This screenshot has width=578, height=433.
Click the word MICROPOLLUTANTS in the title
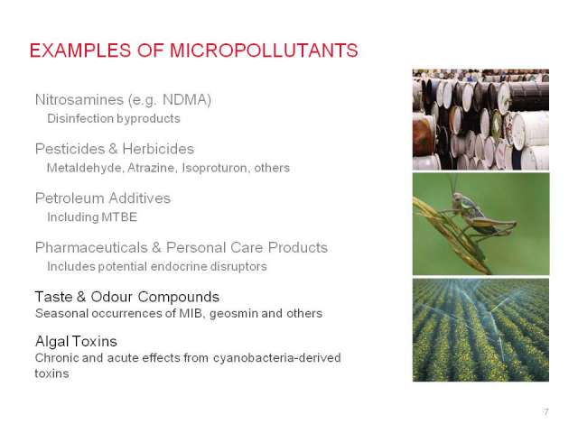tap(264, 51)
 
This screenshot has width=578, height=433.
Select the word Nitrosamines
tap(79, 100)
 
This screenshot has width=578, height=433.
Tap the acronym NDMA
tap(187, 100)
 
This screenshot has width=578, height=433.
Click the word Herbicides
tap(158, 149)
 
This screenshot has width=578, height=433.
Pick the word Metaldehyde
tap(85, 168)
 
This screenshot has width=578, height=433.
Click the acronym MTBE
tap(118, 217)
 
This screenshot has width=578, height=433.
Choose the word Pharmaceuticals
tap(91, 247)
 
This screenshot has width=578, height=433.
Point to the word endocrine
tap(179, 266)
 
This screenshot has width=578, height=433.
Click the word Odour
tap(111, 297)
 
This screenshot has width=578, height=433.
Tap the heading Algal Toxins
tap(76, 341)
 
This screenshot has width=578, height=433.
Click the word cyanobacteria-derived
tap(277, 357)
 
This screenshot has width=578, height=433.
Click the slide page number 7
tap(545, 411)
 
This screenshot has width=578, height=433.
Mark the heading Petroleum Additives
tap(102, 198)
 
